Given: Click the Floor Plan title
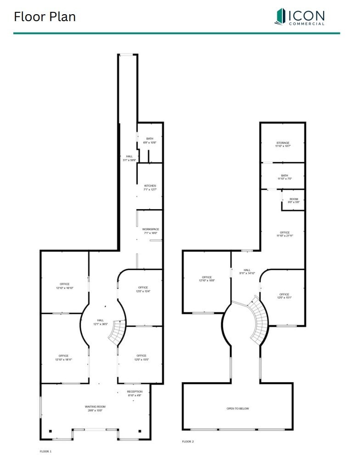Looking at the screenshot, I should [45, 17].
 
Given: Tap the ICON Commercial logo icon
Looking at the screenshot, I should [280, 17].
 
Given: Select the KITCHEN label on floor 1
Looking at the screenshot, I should [150, 188].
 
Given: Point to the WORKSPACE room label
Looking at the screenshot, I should [150, 231].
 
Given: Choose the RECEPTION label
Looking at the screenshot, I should [135, 393].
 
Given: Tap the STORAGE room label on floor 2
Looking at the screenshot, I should [283, 144].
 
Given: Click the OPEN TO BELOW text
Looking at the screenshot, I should [237, 408].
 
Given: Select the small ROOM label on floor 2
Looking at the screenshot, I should [293, 200].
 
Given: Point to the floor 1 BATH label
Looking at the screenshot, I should [150, 140].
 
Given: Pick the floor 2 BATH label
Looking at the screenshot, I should [284, 177].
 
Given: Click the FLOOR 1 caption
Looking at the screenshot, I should [46, 451].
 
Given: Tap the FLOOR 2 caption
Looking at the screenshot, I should [188, 441].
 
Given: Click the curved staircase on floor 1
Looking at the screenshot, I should [118, 332].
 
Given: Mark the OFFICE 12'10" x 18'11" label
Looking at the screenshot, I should [64, 357].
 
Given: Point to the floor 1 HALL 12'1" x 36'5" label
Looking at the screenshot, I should [101, 322].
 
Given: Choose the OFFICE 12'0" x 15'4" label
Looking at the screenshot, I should [143, 289].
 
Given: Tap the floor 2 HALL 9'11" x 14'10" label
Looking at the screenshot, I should [247, 272].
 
